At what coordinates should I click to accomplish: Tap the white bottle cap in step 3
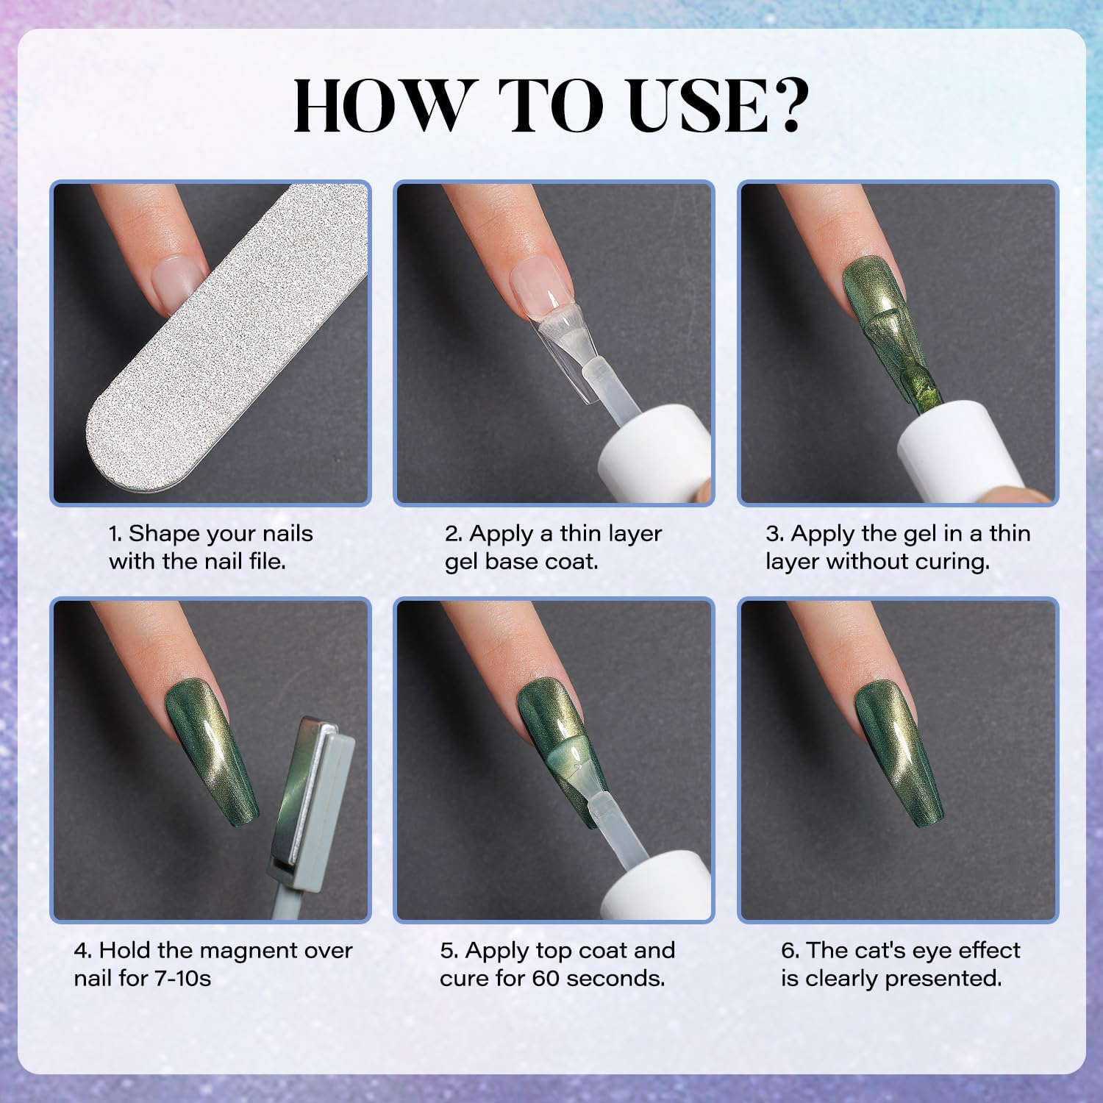[956, 449]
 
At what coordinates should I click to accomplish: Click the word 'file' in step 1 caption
[264, 562]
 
